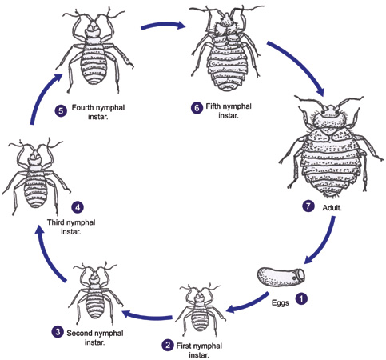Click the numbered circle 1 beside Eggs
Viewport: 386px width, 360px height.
coord(301,298)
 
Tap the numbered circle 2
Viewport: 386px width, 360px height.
coord(168,346)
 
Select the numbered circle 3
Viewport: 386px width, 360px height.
coord(58,332)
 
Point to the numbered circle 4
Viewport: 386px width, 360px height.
coord(78,207)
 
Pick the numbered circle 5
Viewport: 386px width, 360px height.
coord(61,110)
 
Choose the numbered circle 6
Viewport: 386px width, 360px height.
coord(197,108)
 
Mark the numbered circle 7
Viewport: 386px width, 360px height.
coord(308,206)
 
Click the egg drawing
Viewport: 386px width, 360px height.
coord(281,277)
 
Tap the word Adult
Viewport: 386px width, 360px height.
coord(332,208)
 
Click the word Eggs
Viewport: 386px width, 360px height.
coord(281,303)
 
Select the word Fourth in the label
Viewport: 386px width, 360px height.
coord(83,108)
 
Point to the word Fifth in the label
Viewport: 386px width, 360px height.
coord(213,106)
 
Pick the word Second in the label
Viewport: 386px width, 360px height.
coord(80,333)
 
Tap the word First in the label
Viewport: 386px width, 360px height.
coord(184,346)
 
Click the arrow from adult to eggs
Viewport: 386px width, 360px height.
coord(325,242)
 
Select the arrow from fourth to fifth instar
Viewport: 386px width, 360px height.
coord(163,25)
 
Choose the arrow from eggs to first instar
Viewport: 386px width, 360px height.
coord(249,304)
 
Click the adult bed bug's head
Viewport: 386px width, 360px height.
coord(330,110)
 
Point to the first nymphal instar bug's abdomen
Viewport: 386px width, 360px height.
coord(200,319)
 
